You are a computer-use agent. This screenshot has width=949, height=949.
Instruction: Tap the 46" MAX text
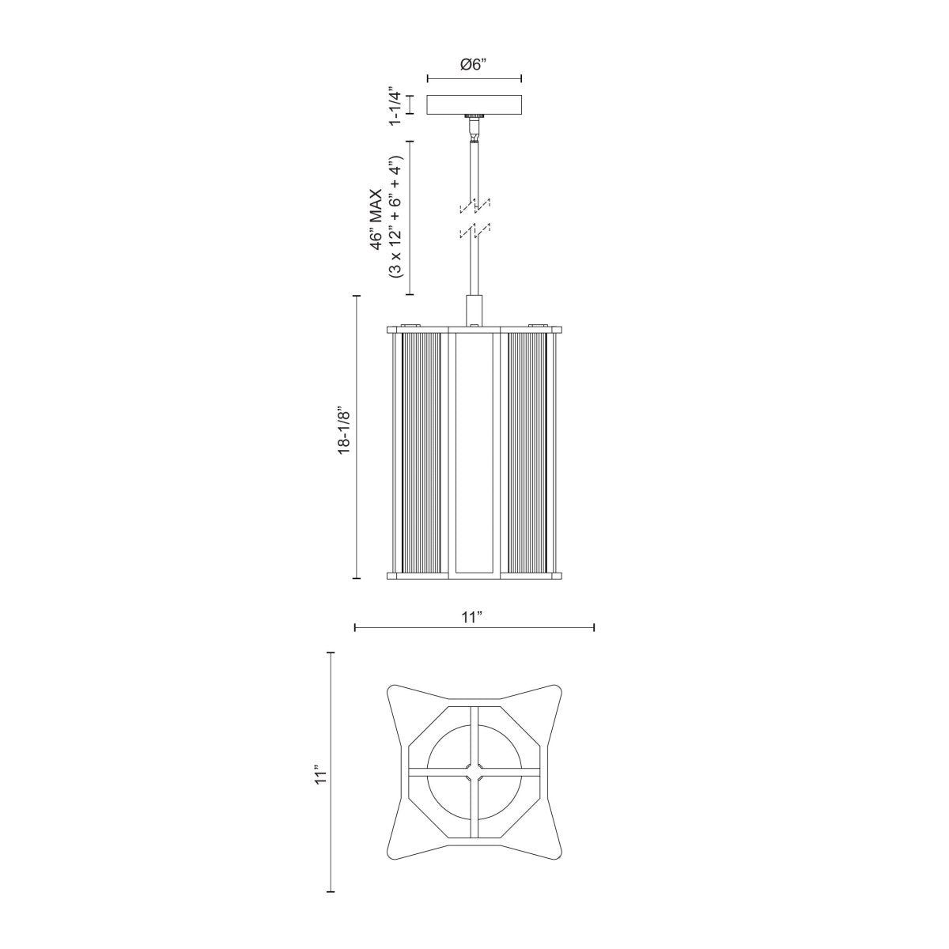tap(377, 218)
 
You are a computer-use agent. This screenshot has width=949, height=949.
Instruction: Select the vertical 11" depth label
tap(319, 773)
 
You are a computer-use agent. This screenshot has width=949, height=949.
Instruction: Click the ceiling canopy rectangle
tap(474, 104)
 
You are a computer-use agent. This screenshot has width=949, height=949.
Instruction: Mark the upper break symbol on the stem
tap(474, 206)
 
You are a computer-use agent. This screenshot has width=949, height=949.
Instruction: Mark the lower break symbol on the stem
tap(474, 232)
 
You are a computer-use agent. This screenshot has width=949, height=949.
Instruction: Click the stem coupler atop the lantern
tap(474, 308)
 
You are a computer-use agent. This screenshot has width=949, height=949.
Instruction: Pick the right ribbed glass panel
tap(526, 452)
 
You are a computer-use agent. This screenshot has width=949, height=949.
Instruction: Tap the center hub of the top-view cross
tap(474, 767)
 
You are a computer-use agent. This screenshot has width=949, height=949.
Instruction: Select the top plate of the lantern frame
tap(474, 328)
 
